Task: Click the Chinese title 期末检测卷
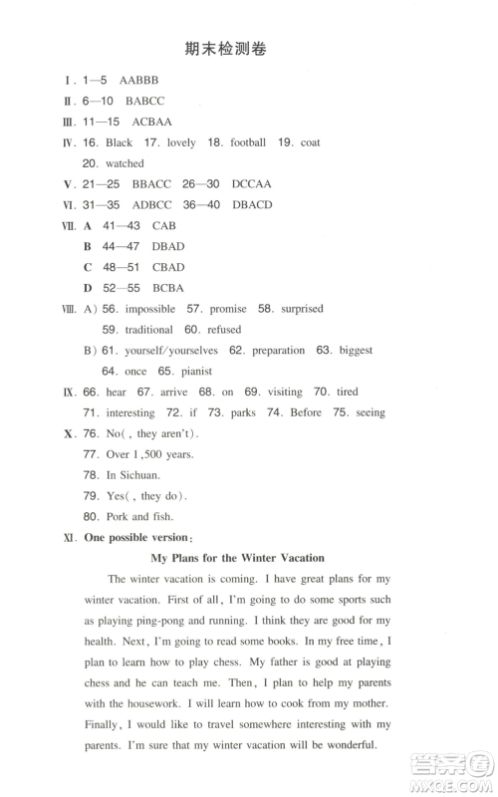tap(227, 49)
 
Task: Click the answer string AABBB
tap(138, 80)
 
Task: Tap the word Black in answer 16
tap(119, 142)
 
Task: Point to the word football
tap(248, 142)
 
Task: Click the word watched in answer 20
tap(124, 163)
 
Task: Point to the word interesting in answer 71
tap(130, 412)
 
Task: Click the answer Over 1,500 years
tap(137, 454)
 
